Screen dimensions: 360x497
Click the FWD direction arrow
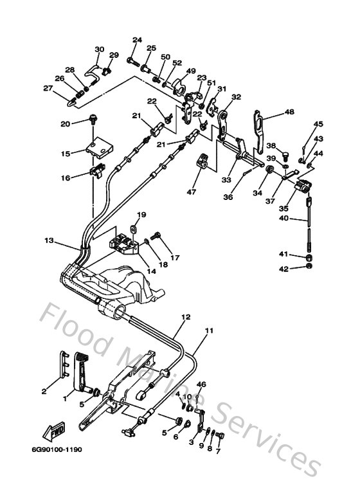pyautogui.click(x=54, y=431)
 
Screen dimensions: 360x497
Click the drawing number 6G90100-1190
pyautogui.click(x=57, y=449)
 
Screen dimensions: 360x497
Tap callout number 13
pyautogui.click(x=49, y=240)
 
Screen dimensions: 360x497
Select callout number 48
pyautogui.click(x=289, y=112)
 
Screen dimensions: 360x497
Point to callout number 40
pyautogui.click(x=283, y=218)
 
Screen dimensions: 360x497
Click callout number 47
pyautogui.click(x=192, y=192)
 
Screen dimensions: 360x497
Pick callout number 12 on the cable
pyautogui.click(x=186, y=316)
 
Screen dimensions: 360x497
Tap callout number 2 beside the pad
pyautogui.click(x=44, y=392)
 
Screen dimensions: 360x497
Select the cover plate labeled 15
pyautogui.click(x=99, y=148)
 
